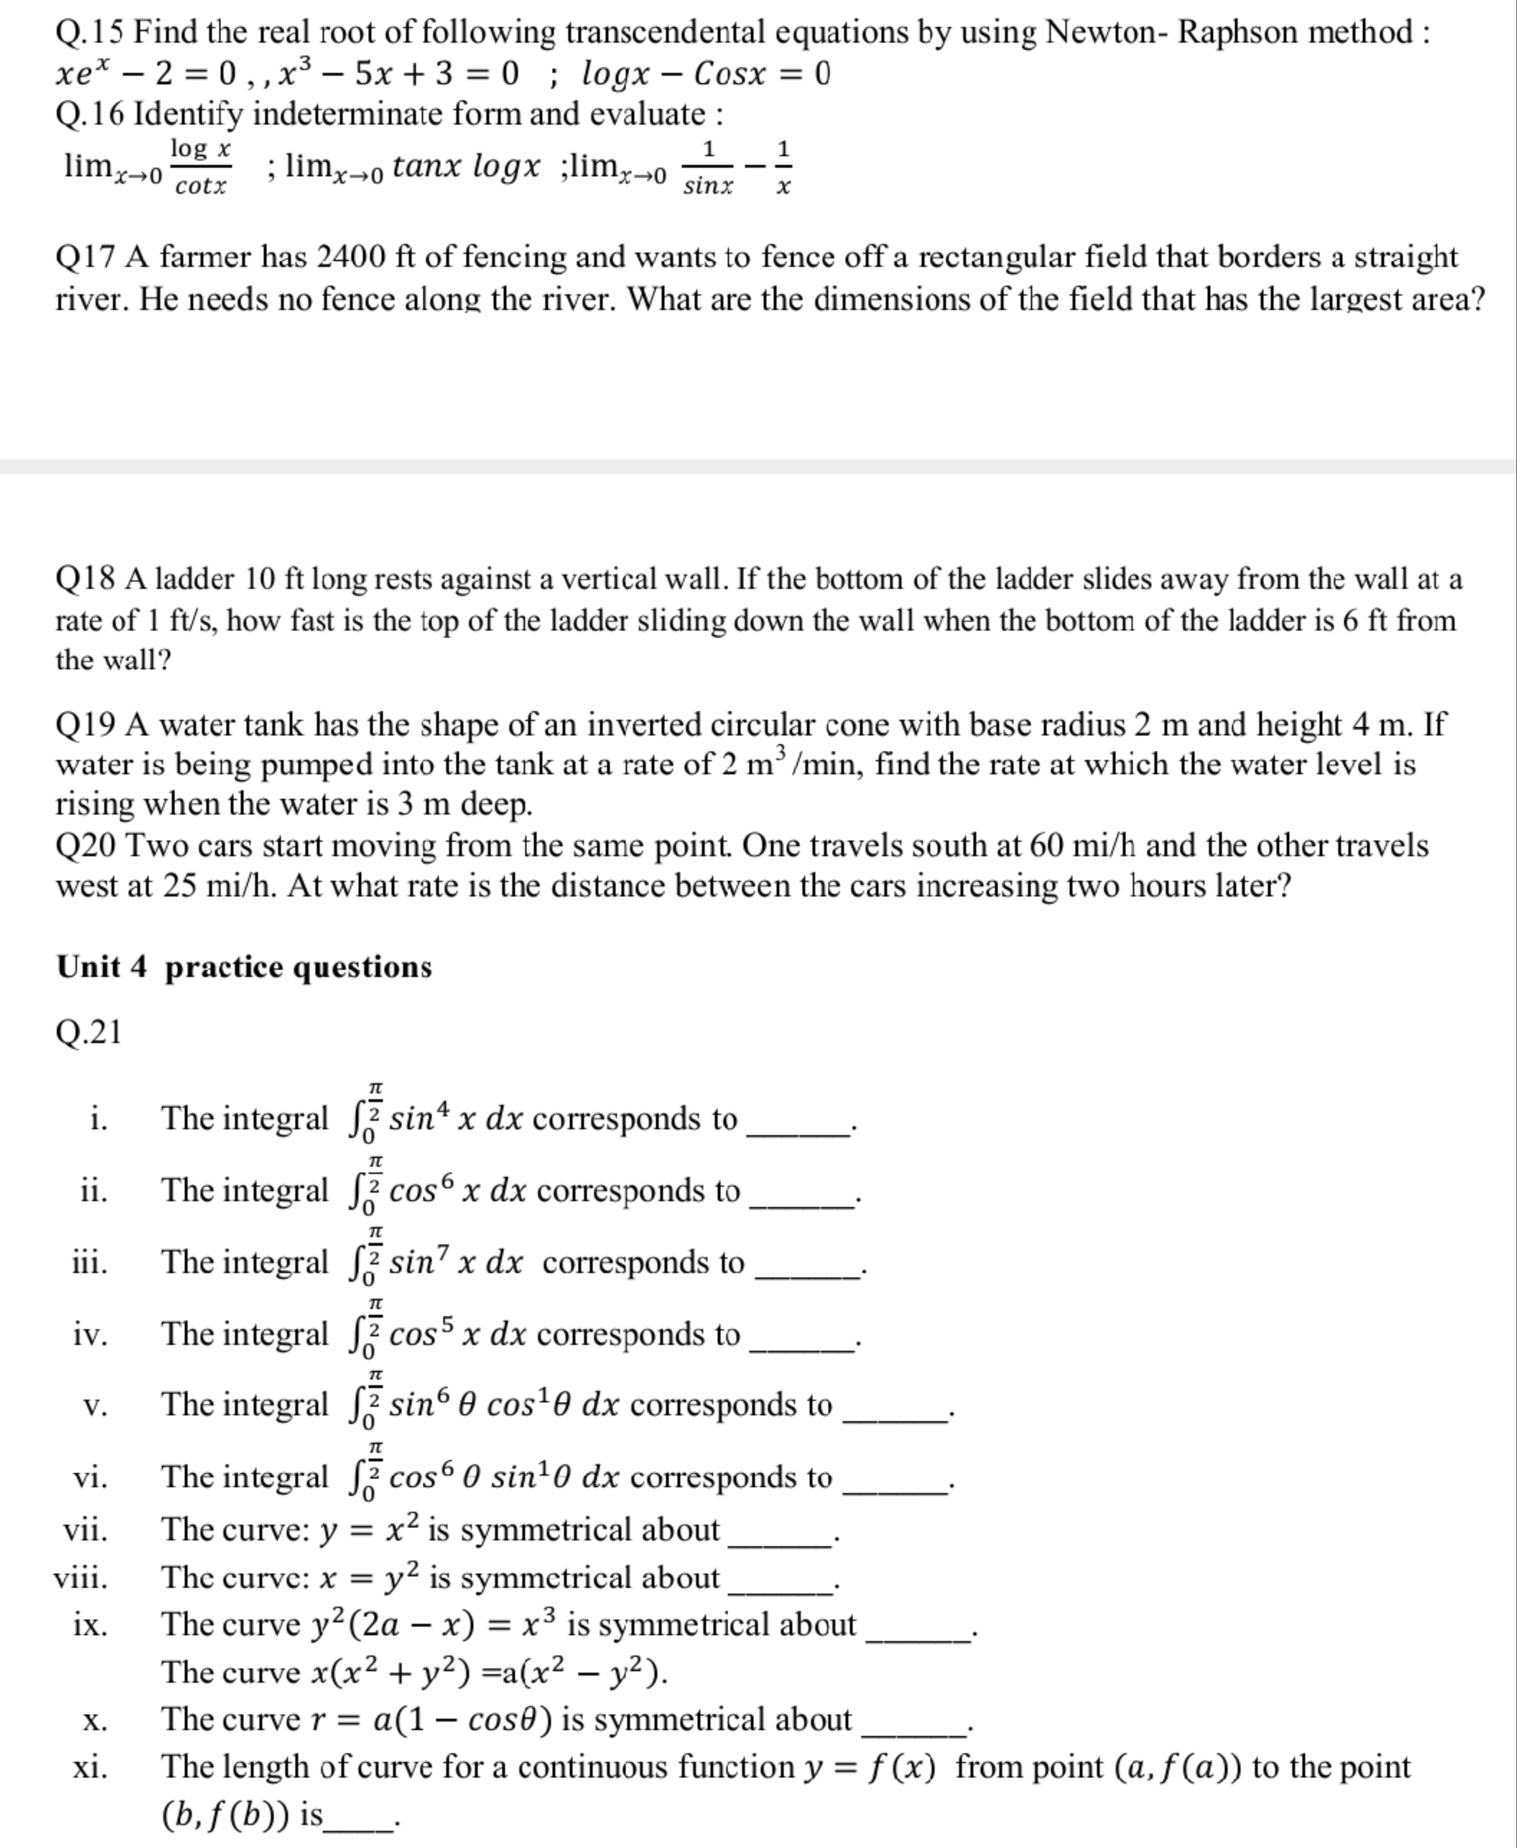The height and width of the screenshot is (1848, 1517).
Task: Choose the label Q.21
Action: point(88,1033)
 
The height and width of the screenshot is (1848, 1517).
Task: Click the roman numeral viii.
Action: point(81,1579)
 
